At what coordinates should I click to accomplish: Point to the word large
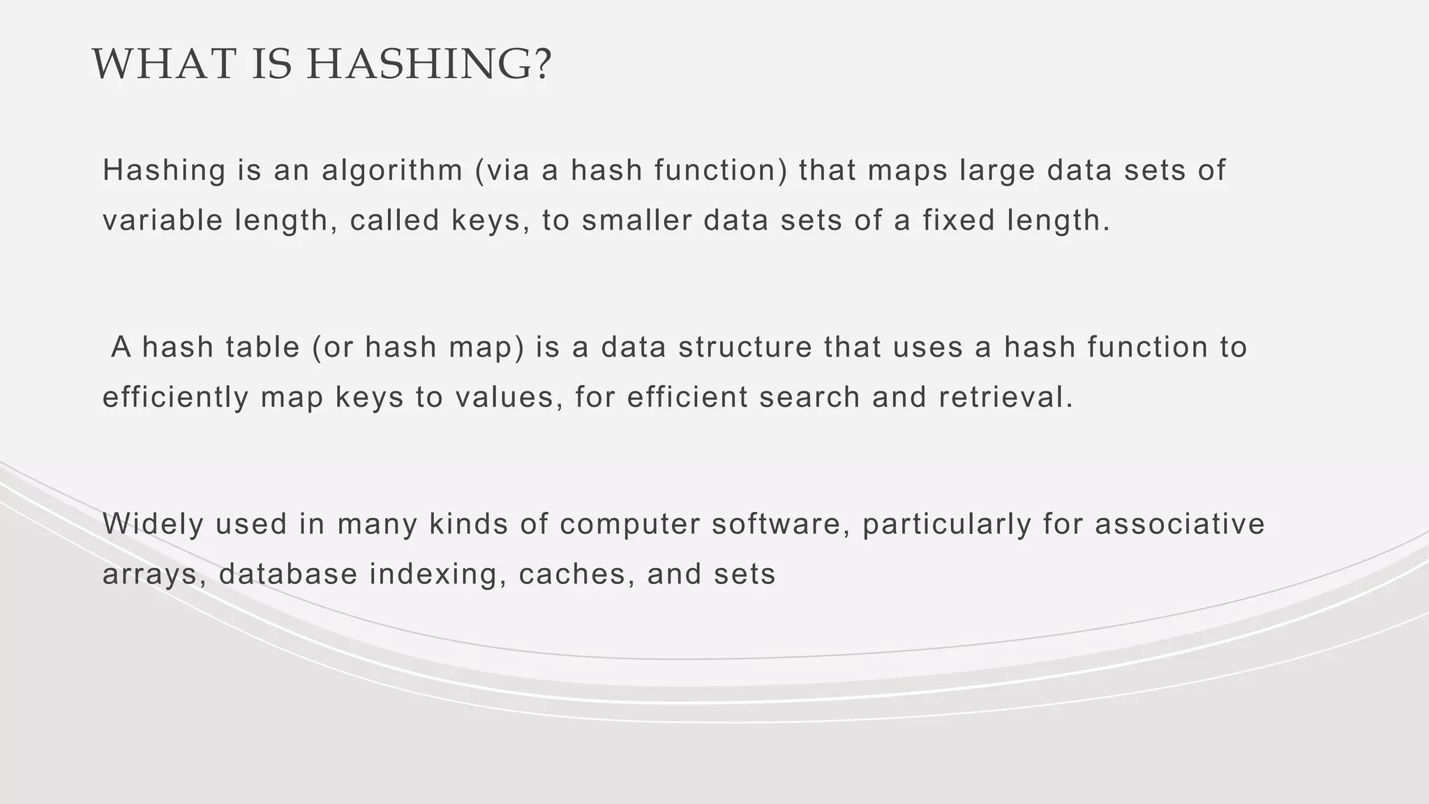click(997, 171)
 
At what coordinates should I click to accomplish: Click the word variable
click(162, 221)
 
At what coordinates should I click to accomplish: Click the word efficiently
click(176, 398)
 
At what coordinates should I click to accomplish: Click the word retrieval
click(1005, 398)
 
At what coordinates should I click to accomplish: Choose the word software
click(781, 525)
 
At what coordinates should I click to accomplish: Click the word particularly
click(947, 525)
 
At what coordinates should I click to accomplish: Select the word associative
click(1179, 525)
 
